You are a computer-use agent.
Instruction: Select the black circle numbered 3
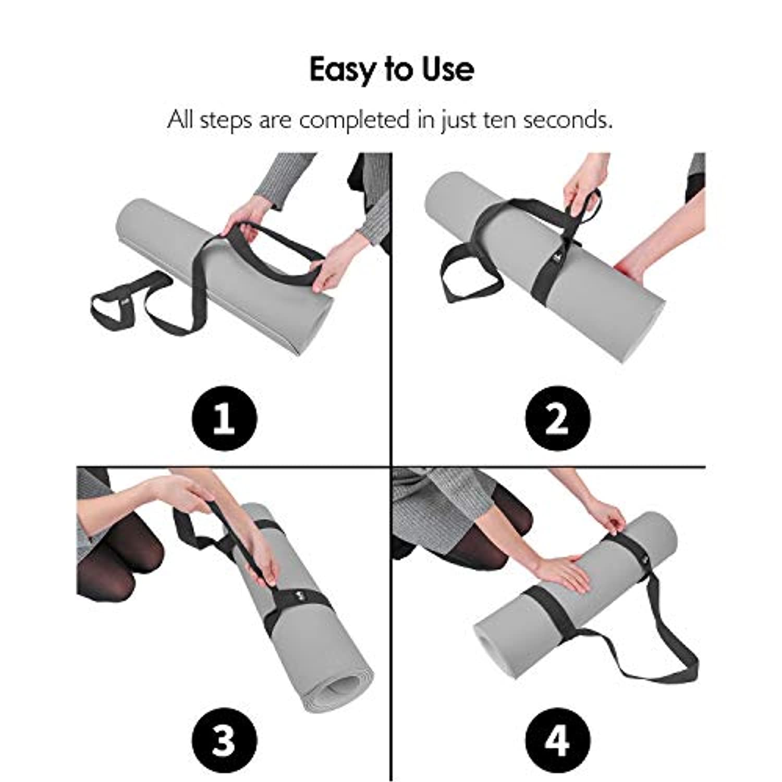coord(225,740)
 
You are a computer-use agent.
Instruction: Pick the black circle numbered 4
coord(558,740)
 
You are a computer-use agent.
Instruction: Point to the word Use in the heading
coord(448,69)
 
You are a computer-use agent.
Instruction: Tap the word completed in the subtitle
coord(354,121)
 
